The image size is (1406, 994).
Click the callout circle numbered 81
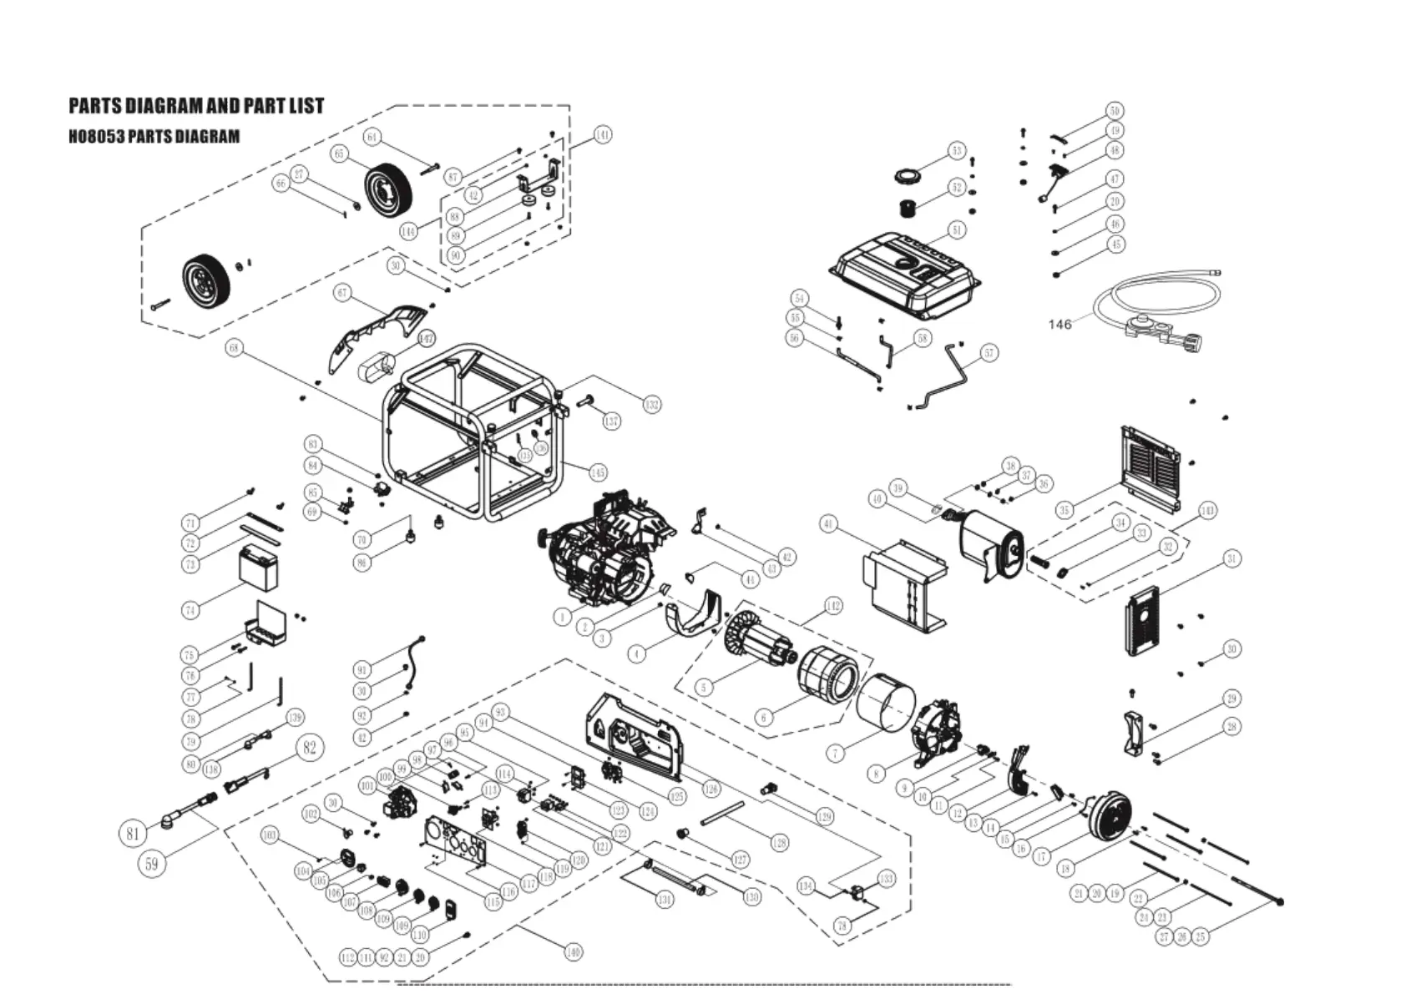click(134, 832)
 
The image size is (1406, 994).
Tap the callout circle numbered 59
click(151, 864)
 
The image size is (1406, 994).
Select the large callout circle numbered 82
click(310, 747)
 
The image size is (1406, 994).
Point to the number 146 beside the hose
click(1060, 324)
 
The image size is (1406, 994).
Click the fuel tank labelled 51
click(906, 273)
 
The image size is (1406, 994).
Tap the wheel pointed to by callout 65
click(390, 189)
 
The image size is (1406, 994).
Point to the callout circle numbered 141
click(602, 135)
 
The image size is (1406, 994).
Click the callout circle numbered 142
click(832, 606)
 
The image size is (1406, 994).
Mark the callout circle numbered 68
click(235, 348)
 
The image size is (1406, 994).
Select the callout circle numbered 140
click(573, 951)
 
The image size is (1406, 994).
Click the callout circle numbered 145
click(598, 473)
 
